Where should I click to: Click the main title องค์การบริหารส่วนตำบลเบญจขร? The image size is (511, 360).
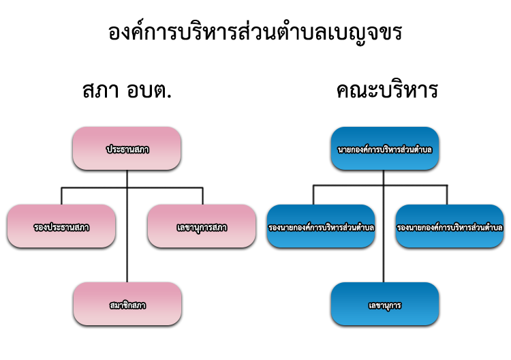pos(255,33)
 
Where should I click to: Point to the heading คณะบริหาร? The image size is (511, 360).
pos(386,92)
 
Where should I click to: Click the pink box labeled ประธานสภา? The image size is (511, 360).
pos(127,148)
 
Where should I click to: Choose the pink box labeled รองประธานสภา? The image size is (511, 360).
pos(61,226)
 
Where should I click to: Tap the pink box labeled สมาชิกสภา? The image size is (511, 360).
pos(127,303)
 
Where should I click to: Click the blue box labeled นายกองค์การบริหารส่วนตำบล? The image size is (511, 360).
pos(384,148)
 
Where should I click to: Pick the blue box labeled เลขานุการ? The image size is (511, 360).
pos(384,304)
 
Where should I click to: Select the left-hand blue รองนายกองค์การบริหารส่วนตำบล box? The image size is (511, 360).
pos(321,226)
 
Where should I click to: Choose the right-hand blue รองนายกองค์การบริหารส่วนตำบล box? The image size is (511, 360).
pos(450,226)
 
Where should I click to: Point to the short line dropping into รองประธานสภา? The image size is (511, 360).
pos(61,196)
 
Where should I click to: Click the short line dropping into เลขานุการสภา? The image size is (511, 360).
pos(202,196)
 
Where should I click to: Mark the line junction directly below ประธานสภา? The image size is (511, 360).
pos(127,187)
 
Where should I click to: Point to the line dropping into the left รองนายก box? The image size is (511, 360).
pos(313,195)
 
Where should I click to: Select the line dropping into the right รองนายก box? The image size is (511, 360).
pos(448,195)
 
